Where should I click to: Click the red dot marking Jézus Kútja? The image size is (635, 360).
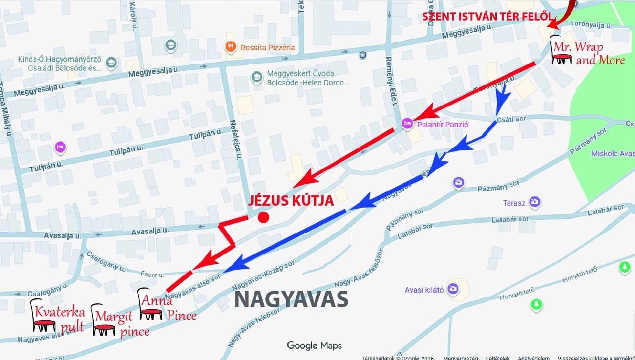tap(263, 217)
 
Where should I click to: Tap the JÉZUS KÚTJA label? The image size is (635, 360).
tap(291, 201)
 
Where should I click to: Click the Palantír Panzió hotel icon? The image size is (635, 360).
tap(407, 124)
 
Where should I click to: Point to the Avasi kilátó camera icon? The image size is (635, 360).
tap(453, 289)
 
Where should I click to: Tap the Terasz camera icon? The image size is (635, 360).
tap(535, 202)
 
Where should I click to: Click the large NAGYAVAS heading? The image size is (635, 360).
tap(291, 299)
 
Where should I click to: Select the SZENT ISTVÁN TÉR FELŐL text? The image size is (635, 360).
tap(487, 17)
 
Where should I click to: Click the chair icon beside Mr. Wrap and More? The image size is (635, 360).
tap(561, 51)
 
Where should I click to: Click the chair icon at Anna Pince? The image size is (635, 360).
tap(150, 304)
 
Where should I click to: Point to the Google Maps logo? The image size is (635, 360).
tap(314, 346)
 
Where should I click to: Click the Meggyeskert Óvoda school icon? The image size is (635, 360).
tap(256, 77)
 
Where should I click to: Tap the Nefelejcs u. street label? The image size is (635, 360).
tap(235, 140)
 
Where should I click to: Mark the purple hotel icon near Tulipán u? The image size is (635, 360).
tap(60, 147)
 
